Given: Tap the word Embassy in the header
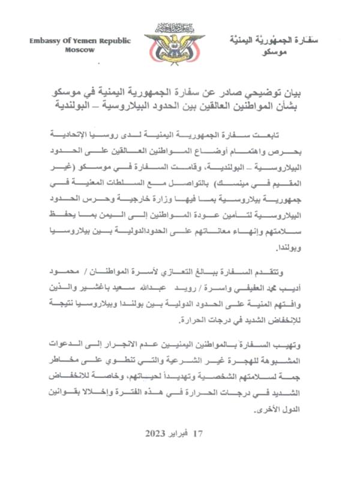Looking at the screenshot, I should [46, 40].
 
